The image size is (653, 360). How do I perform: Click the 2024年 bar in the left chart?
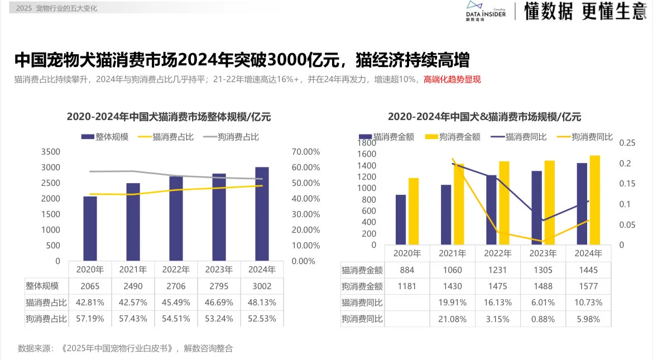coord(262,214)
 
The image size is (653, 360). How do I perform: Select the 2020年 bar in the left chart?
coord(90,228)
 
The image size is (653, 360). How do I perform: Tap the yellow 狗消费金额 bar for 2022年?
coord(504,203)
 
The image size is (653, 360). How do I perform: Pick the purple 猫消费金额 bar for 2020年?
coord(401,219)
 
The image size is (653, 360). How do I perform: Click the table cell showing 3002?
coord(262,286)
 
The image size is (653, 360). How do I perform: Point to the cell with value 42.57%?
coord(133,302)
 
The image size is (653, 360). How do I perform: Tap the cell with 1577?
coord(588,286)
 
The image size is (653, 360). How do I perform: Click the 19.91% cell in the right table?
coord(452,303)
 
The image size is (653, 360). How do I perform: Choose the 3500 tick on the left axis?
coord(50,152)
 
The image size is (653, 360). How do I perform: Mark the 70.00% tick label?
coord(306,152)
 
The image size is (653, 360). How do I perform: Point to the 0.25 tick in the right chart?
coord(627,143)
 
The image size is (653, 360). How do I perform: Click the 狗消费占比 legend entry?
coord(231,137)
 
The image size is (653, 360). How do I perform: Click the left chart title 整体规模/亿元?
coord(169,117)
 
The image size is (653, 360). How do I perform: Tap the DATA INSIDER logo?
coord(485,11)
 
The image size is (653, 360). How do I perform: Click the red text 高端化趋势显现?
coord(452,79)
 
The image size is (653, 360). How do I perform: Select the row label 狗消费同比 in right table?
coord(362,319)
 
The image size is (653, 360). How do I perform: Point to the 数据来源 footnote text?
coord(125,348)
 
